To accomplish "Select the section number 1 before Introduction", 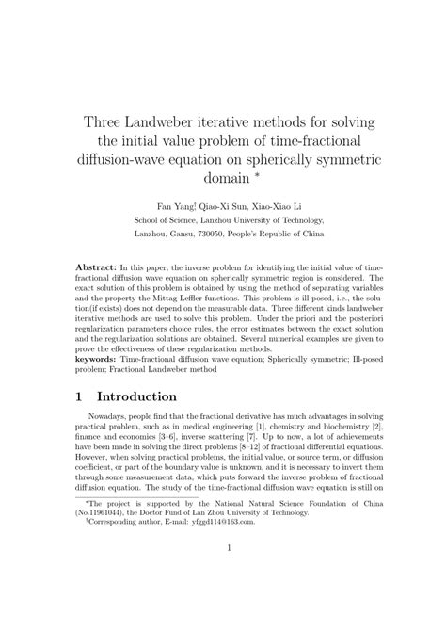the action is (x=81, y=398).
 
